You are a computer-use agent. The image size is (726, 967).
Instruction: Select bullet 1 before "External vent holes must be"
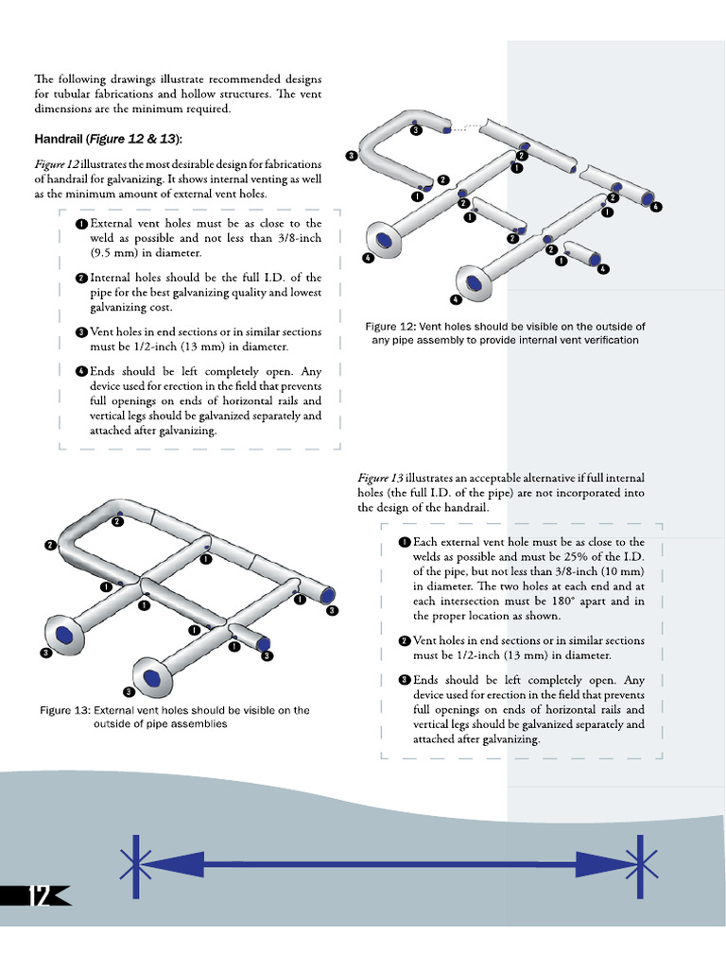pyautogui.click(x=82, y=224)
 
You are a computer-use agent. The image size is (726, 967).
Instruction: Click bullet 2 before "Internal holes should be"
pyautogui.click(x=82, y=279)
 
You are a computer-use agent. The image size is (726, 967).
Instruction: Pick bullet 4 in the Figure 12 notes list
pyautogui.click(x=82, y=371)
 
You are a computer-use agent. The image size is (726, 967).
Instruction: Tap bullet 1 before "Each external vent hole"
pyautogui.click(x=405, y=543)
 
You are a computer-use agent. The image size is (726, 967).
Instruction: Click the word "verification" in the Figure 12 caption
pyautogui.click(x=603, y=340)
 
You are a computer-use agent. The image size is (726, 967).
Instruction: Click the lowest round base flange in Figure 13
pyautogui.click(x=149, y=676)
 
